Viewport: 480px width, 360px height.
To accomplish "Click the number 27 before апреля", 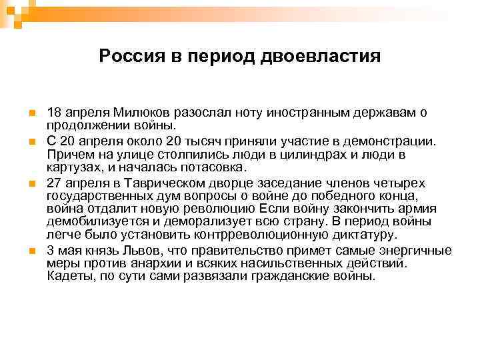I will [x=54, y=183].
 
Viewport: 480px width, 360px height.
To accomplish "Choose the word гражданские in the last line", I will [x=303, y=276].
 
